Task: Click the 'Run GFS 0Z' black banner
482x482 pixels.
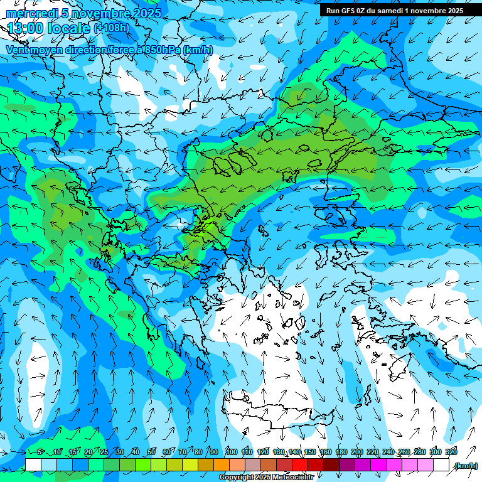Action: pos(394,10)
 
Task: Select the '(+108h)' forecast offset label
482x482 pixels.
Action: pos(112,28)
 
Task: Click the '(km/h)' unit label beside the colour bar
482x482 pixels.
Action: pos(466,466)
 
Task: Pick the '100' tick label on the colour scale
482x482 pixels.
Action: pos(231,453)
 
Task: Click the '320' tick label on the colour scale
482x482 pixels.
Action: pos(451,453)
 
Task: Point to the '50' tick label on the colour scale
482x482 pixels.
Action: pos(152,453)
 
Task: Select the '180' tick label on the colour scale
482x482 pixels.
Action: pos(341,453)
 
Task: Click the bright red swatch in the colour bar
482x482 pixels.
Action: pos(300,465)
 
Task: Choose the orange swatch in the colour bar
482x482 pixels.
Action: pos(222,465)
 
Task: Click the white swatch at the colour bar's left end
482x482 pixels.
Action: pos(33,465)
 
